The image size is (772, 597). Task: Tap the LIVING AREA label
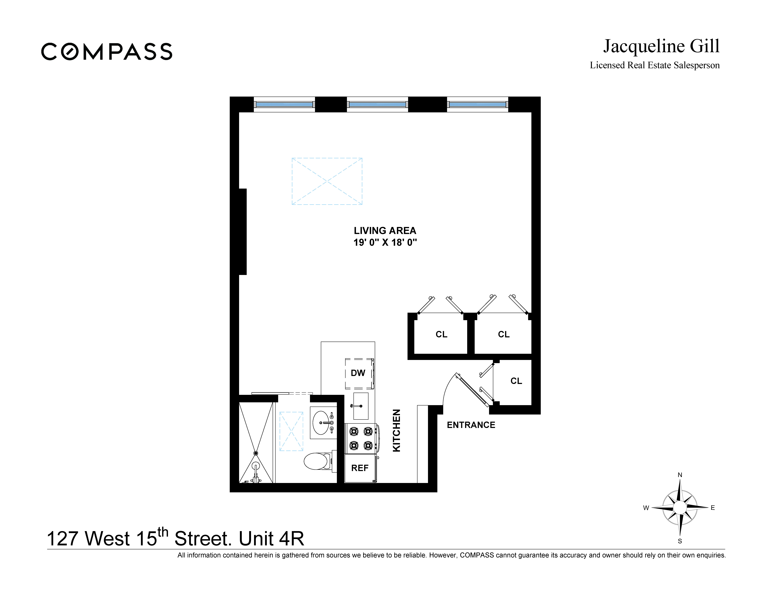385,231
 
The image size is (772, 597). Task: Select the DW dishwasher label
358,373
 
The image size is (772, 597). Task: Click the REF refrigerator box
360,468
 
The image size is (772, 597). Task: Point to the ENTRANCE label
471,425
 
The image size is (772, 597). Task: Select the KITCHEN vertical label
397,430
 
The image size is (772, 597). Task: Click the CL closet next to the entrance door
516,381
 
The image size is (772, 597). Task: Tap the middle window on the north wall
377,104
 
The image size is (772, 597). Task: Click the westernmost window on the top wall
284,104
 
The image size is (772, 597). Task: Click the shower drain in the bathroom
256,453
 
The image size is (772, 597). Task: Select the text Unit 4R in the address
271,539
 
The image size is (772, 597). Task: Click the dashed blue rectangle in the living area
327,181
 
